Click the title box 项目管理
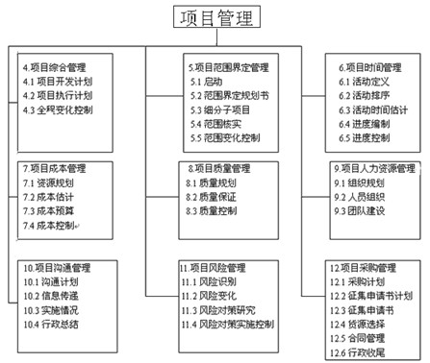pos(215,18)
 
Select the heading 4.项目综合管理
pos(54,69)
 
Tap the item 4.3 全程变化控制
pos(60,110)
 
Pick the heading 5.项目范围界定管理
pos(228,69)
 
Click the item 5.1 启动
pos(204,84)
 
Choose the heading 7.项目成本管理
pos(55,168)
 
